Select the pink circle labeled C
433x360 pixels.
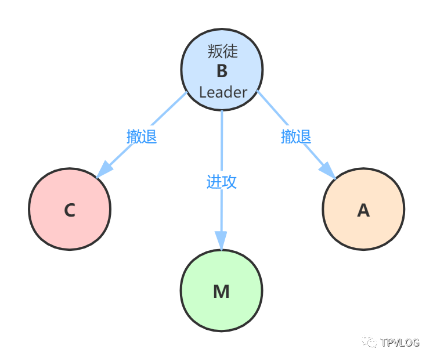(70, 209)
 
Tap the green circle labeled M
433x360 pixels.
(221, 291)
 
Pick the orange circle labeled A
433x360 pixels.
(363, 209)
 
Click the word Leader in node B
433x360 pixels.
(223, 92)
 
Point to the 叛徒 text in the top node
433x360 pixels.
(223, 52)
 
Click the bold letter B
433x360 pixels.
(222, 71)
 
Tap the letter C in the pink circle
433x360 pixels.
(70, 210)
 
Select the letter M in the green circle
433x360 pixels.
(221, 291)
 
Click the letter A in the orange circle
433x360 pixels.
(363, 210)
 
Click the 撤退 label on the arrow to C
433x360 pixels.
(142, 136)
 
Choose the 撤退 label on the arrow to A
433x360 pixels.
(296, 136)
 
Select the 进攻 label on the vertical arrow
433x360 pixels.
(222, 181)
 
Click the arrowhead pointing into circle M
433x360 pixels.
(221, 240)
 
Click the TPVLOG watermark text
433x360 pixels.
(400, 343)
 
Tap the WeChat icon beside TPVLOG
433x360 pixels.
(369, 341)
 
